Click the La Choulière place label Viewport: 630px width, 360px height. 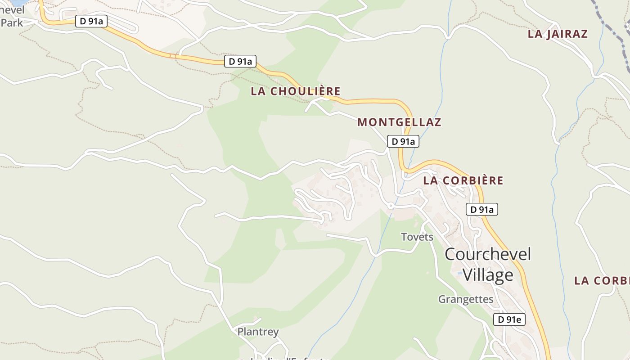point(296,91)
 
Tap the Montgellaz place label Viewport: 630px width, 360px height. point(399,122)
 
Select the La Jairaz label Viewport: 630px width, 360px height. point(558,34)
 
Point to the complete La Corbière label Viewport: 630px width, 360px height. point(463,180)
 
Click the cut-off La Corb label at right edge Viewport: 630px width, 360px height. point(602,281)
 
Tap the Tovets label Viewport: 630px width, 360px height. point(417,237)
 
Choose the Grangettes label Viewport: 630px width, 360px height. point(466,299)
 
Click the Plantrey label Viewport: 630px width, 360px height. point(258,332)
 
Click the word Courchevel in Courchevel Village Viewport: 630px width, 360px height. point(488,254)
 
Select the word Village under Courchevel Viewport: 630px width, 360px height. point(488,275)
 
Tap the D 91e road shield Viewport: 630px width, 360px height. point(509,319)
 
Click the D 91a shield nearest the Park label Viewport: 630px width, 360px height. point(91,21)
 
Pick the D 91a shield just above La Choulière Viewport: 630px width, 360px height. point(240,61)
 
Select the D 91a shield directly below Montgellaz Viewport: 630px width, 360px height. point(403,141)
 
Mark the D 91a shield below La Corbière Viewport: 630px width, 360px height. point(481,209)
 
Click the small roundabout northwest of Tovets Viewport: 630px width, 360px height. point(391,206)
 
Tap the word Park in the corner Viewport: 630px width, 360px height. point(12,22)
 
